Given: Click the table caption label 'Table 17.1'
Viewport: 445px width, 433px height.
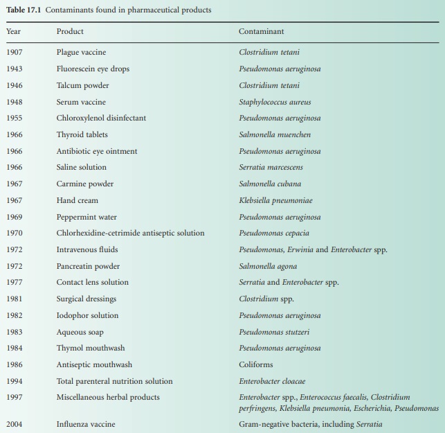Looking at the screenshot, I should pos(24,10).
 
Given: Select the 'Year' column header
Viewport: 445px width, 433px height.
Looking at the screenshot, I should pos(14,32).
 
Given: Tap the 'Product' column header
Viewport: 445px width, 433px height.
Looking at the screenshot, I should pos(70,32).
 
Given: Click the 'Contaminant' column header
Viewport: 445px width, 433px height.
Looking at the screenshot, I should pos(261,32).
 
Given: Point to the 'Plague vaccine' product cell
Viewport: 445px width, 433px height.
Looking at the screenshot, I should pos(81,53).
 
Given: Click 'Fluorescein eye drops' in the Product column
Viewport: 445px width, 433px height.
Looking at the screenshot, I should pos(93,69).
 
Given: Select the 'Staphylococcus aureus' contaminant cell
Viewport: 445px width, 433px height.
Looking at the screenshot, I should pos(275,102).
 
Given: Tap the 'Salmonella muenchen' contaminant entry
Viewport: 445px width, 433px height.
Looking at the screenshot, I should pos(275,134).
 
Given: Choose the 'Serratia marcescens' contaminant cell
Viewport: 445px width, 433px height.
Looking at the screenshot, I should pos(271,168).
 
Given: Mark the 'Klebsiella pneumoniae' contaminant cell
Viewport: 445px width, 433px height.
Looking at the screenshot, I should pos(275,200).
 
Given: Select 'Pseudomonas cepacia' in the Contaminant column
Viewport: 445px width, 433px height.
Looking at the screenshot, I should pos(274,233).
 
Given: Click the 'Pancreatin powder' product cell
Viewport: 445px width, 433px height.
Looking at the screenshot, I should pos(88,266).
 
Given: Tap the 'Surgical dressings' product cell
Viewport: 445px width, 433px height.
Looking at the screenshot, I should pos(87,299).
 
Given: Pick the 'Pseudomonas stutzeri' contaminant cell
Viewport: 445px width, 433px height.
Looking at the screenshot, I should pos(274,332).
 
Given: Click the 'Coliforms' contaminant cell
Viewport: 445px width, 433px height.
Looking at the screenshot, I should pos(256,364).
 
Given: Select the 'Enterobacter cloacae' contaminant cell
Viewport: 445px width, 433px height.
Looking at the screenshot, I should pos(272,381).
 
